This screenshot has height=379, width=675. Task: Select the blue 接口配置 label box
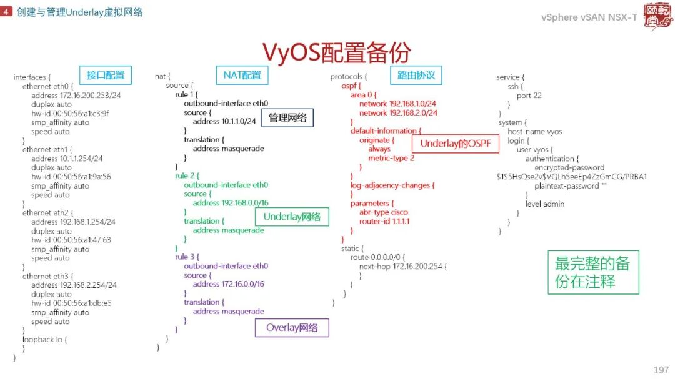tap(106, 76)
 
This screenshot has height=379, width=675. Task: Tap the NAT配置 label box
tap(242, 76)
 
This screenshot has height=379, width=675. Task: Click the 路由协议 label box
tap(416, 76)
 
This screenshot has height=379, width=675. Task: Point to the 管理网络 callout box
tap(287, 117)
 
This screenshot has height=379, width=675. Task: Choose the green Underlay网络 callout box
tap(292, 217)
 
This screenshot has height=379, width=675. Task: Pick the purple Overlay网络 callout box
tap(292, 328)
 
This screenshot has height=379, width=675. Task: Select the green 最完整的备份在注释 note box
tap(592, 272)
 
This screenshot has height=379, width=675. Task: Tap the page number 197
tap(660, 370)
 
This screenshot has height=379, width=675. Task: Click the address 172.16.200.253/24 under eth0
tap(76, 96)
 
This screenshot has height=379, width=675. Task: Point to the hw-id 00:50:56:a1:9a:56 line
tap(71, 177)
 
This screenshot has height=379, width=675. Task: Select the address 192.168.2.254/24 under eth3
tap(74, 285)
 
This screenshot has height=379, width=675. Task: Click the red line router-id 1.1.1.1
tap(384, 221)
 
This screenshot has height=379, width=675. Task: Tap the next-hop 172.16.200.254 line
tap(403, 267)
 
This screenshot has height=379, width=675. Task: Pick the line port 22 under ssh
tap(529, 96)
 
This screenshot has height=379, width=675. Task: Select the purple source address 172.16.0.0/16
tap(228, 284)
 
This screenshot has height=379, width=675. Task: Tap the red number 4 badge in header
tap(6, 12)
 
